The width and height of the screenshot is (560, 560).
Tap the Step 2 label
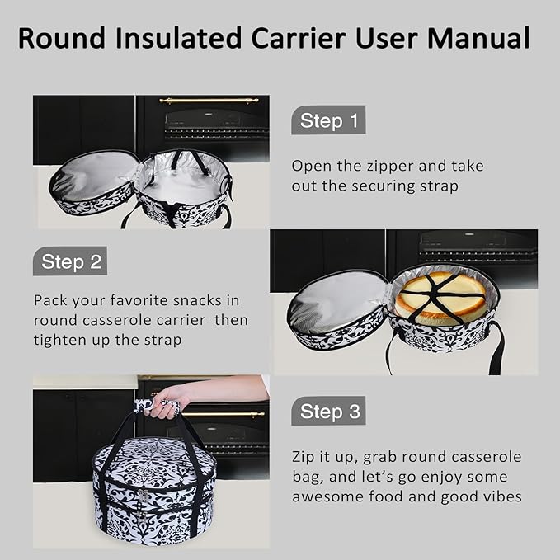click(x=71, y=262)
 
